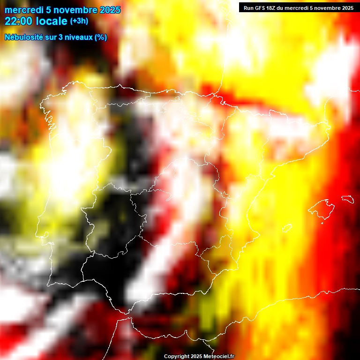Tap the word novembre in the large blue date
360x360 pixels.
[x=76, y=10]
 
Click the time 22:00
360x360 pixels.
[x=18, y=22]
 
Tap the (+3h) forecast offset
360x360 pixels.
[x=79, y=21]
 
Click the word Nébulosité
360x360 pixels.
[x=23, y=37]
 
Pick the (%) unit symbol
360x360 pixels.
[x=101, y=37]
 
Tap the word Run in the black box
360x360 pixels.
[x=249, y=8]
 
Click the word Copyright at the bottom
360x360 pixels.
[x=176, y=357]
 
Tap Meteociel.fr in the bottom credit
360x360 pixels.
[x=219, y=357]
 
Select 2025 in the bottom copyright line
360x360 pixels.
[x=196, y=357]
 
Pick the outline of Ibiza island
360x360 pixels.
[x=286, y=228]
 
